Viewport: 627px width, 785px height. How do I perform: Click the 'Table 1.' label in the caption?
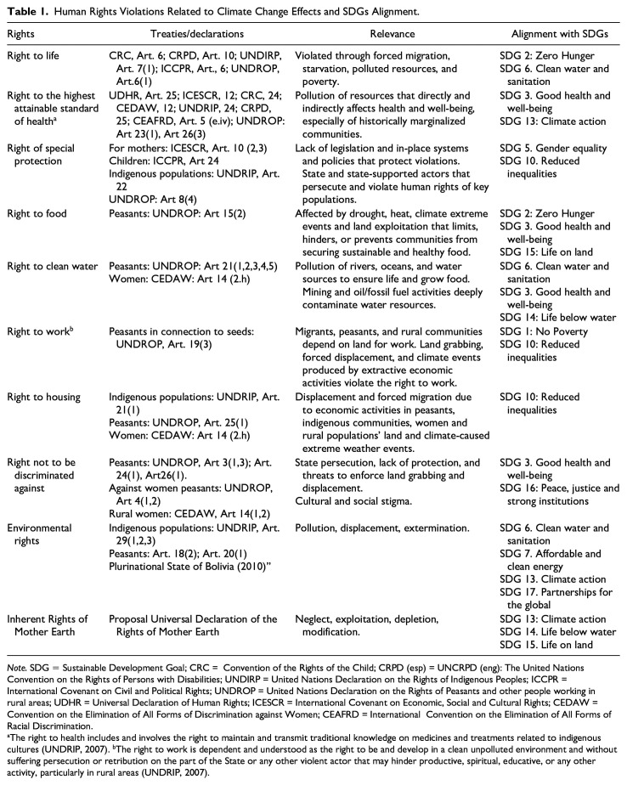(x=25, y=10)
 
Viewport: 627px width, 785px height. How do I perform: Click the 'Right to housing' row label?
(x=43, y=398)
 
